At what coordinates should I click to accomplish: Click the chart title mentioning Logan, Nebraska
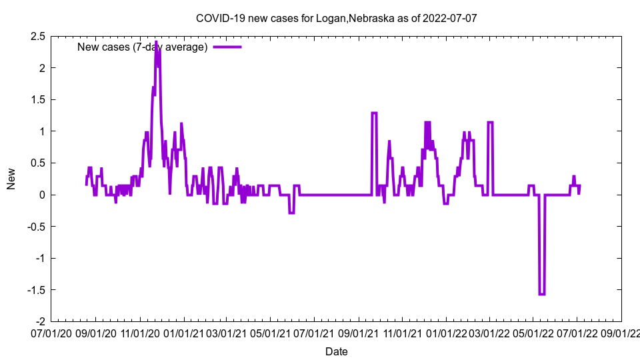pos(336,18)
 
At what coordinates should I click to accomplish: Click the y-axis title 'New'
pos(11,179)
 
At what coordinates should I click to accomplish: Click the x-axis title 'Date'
pos(336,351)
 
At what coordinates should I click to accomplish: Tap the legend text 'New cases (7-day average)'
pos(143,47)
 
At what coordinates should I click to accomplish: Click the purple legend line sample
pos(227,47)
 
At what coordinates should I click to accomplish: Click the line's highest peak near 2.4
pos(156,42)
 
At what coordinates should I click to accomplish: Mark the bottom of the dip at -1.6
pos(541,294)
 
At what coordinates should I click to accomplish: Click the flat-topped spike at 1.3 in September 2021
pos(375,113)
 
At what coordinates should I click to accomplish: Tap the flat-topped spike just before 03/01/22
pos(490,123)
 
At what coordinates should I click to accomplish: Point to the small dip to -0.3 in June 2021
pos(291,213)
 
